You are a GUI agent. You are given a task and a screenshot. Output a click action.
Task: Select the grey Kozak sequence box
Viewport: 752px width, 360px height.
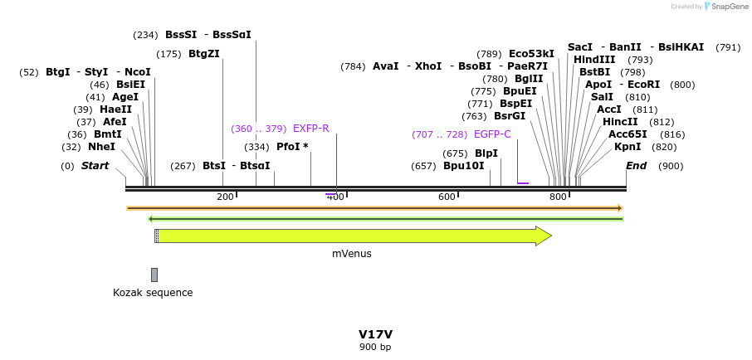click(x=154, y=275)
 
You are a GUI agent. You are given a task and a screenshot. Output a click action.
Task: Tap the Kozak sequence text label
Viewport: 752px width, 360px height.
click(x=153, y=293)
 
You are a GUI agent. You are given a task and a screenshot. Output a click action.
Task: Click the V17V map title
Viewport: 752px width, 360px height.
click(x=375, y=334)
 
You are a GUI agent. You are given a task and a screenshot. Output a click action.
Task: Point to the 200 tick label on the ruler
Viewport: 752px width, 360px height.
click(x=225, y=197)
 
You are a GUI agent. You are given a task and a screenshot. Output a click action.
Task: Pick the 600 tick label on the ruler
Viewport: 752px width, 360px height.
click(x=447, y=197)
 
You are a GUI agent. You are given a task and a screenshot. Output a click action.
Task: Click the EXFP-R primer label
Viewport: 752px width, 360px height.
click(x=311, y=129)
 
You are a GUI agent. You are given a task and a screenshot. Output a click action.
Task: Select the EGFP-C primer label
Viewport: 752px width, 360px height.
click(x=492, y=134)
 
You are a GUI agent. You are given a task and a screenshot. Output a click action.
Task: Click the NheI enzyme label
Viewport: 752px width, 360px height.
click(x=102, y=147)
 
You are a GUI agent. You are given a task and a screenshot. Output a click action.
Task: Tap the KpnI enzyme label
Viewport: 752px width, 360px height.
click(x=627, y=147)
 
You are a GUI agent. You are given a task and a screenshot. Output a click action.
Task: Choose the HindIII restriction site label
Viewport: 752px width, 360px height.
click(x=594, y=60)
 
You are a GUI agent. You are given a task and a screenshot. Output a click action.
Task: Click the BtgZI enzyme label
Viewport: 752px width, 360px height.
click(x=204, y=54)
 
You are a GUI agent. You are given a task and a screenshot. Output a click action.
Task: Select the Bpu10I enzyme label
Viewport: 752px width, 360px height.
click(x=463, y=166)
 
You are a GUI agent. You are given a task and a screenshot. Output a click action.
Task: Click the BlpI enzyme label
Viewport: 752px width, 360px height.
click(x=486, y=153)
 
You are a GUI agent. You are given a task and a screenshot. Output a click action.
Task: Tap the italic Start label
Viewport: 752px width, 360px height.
click(x=95, y=166)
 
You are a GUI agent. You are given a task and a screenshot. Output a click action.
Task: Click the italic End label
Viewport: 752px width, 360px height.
click(x=636, y=166)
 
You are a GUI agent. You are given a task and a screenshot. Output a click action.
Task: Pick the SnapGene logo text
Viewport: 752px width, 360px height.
click(x=722, y=7)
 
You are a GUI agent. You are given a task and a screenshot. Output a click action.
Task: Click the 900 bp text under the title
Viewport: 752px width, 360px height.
click(x=375, y=347)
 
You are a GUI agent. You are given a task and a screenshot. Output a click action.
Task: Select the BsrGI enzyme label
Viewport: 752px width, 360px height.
click(x=510, y=116)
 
